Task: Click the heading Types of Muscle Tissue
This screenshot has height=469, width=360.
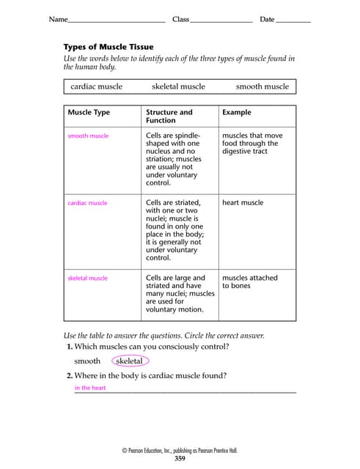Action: [109, 46]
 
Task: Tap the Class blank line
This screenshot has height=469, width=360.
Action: [221, 20]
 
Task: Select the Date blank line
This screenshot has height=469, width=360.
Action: [293, 20]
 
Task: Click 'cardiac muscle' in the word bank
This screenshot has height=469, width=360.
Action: [97, 86]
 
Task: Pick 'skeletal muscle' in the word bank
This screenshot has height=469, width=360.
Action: [178, 86]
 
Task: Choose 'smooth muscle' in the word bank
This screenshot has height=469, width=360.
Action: [262, 86]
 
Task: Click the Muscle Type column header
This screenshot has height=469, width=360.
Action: [89, 113]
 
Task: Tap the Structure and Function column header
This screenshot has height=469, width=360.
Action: [169, 117]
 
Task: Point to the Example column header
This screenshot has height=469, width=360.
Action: [236, 113]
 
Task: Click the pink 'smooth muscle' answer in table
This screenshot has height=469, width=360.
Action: [88, 136]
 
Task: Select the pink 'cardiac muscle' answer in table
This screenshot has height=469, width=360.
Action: [87, 203]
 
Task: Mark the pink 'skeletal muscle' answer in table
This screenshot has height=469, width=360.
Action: [87, 278]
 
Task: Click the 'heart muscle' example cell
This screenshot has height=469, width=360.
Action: [243, 203]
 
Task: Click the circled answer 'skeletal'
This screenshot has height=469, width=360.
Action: [130, 361]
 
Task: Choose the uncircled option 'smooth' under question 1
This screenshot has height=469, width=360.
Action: [87, 361]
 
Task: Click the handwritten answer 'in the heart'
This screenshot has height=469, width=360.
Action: [90, 388]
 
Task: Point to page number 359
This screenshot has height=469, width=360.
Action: [180, 459]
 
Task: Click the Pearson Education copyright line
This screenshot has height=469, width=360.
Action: [180, 451]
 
